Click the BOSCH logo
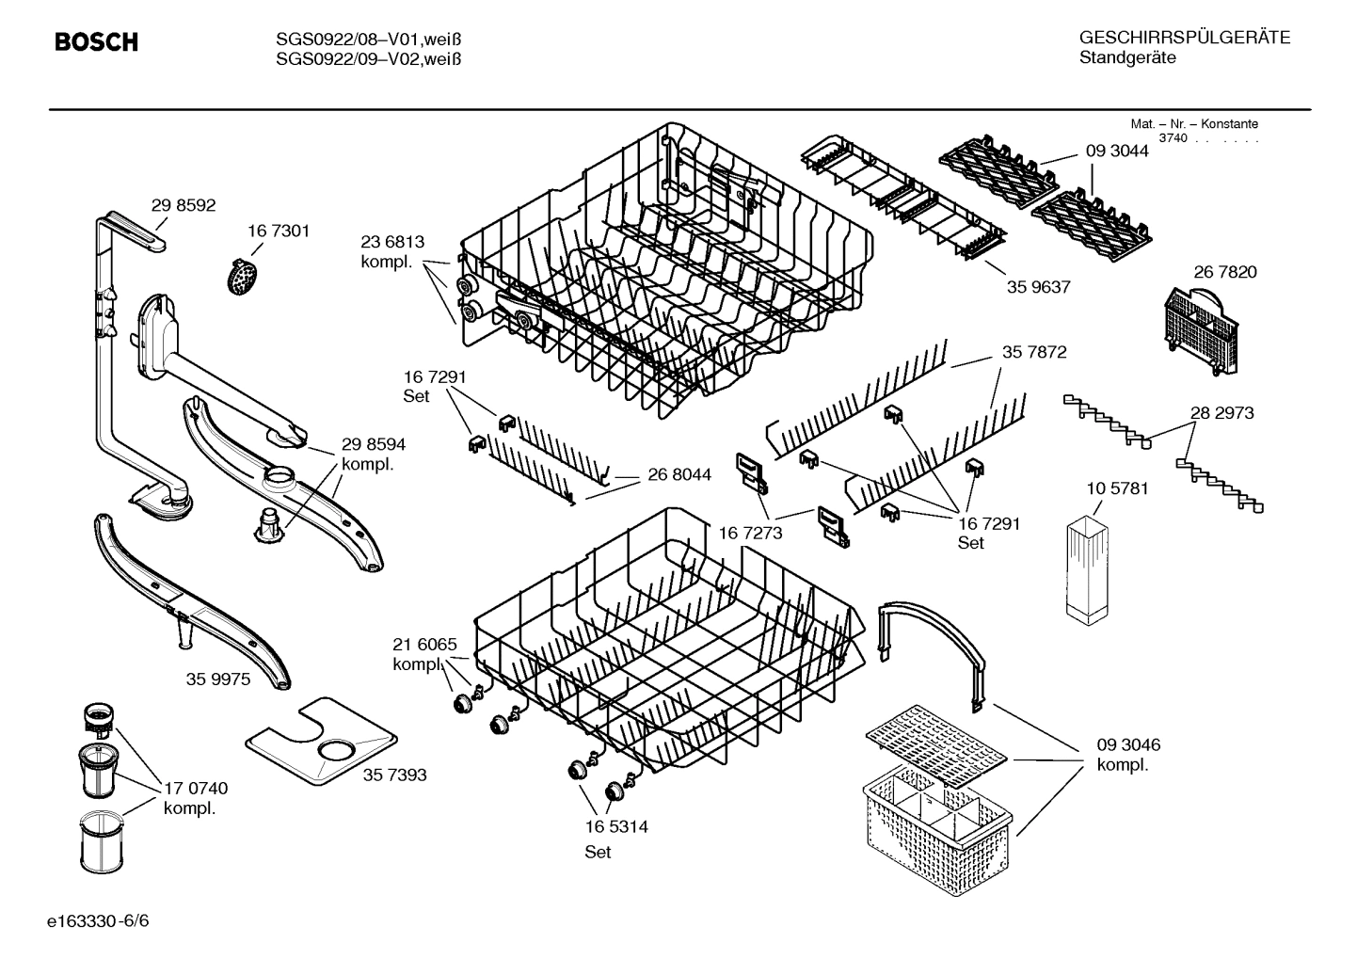coord(96,42)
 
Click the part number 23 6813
coord(392,242)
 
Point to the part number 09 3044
coord(1117,150)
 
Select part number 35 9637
coord(1038,287)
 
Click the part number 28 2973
coord(1221,412)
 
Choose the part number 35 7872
coord(1034,352)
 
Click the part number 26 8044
coord(679,475)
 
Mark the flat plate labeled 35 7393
coord(318,743)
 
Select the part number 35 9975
coord(218,679)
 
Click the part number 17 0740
coord(196,788)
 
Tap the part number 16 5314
coord(616,827)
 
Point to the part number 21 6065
coord(424,645)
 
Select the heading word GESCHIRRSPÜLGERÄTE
coord(1184,38)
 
